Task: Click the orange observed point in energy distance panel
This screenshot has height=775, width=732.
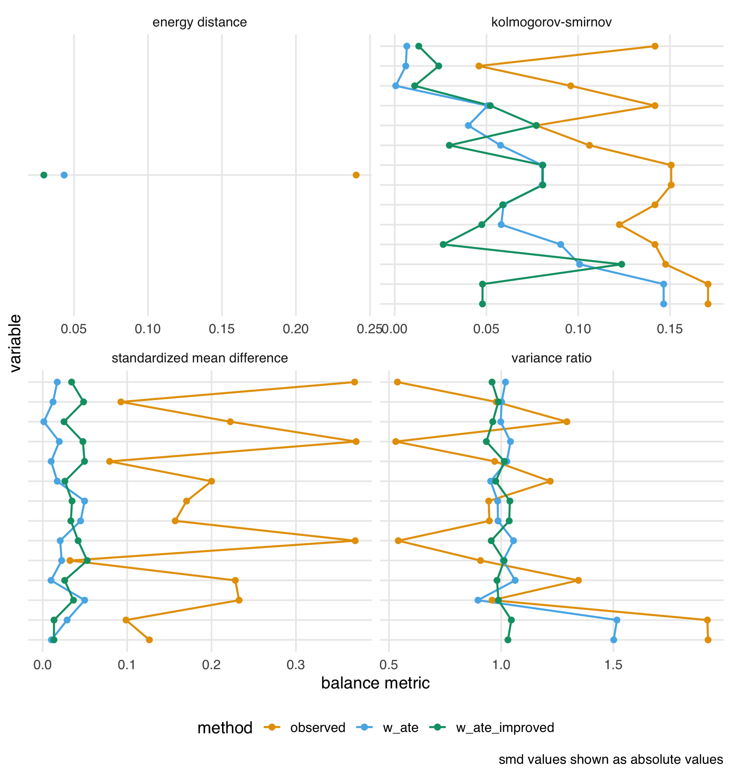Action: coord(356,175)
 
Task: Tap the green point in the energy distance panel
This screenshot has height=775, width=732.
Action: coord(44,175)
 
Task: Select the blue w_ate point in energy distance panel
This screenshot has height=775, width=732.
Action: coord(64,175)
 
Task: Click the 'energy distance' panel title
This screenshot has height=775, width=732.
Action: coord(200,22)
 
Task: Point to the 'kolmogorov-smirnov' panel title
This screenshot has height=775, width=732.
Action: coord(551,22)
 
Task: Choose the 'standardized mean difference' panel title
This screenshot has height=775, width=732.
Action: coord(200,358)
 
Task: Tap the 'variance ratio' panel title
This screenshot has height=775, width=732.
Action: coord(551,358)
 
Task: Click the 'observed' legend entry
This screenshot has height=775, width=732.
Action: coord(318,727)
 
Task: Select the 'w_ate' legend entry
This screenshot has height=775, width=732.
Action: coord(401,727)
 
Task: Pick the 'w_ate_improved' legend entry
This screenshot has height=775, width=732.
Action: coord(505,727)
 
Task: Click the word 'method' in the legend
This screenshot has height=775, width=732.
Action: coord(225,728)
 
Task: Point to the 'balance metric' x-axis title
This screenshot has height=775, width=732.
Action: coord(375,683)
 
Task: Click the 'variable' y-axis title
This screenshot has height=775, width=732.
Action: coord(15,343)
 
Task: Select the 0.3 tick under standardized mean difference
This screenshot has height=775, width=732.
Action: coord(296,665)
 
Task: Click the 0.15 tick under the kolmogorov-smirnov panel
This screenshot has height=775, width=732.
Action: coord(670,330)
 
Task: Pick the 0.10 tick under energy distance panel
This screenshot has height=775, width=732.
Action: coord(148,330)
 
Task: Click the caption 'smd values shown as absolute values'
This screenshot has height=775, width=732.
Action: coord(611,760)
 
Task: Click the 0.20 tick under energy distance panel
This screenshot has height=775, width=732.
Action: coord(296,330)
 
